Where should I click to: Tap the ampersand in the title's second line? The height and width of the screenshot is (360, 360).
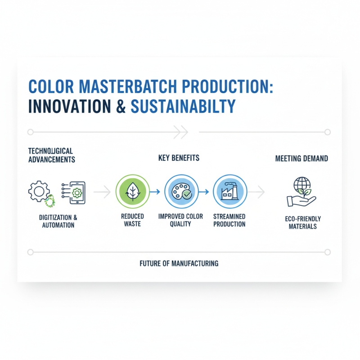(121, 106)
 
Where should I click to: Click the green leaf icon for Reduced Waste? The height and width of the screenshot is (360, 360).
(132, 192)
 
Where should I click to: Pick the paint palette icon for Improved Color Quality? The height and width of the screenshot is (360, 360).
(180, 192)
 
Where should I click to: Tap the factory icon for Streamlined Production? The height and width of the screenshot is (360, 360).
(229, 192)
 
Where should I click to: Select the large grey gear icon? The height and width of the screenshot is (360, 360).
(39, 191)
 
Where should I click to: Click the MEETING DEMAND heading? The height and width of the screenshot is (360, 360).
(301, 158)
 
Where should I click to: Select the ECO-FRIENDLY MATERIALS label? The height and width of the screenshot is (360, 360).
(301, 223)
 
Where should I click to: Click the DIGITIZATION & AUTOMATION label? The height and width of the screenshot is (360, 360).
(58, 221)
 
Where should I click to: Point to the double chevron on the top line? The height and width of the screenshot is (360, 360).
(180, 132)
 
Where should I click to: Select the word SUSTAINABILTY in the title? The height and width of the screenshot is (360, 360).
(183, 106)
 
